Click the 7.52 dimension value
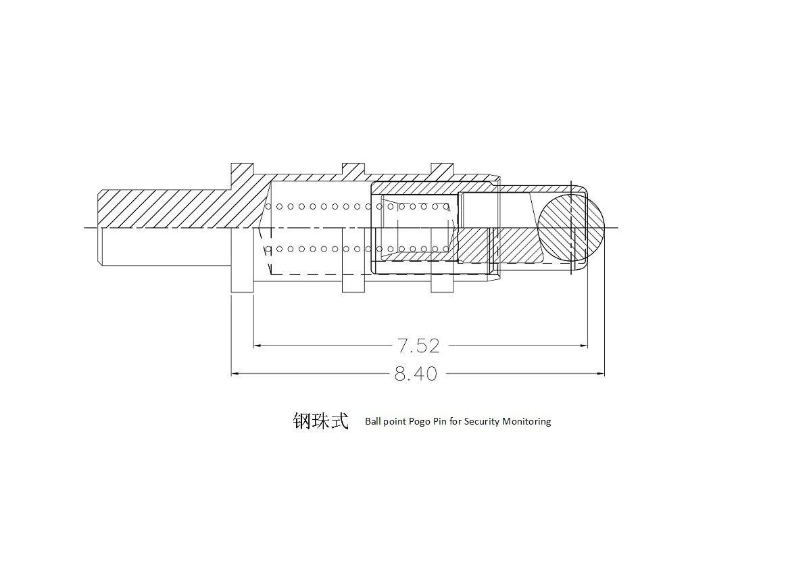click(x=418, y=346)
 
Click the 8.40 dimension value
click(x=416, y=373)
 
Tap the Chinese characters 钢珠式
click(x=320, y=421)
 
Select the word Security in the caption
click(x=483, y=421)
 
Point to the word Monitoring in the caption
click(x=527, y=421)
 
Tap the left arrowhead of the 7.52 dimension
click(x=258, y=346)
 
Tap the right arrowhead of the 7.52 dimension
click(x=583, y=346)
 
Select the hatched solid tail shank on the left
click(x=162, y=208)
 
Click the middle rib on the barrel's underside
click(x=353, y=285)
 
